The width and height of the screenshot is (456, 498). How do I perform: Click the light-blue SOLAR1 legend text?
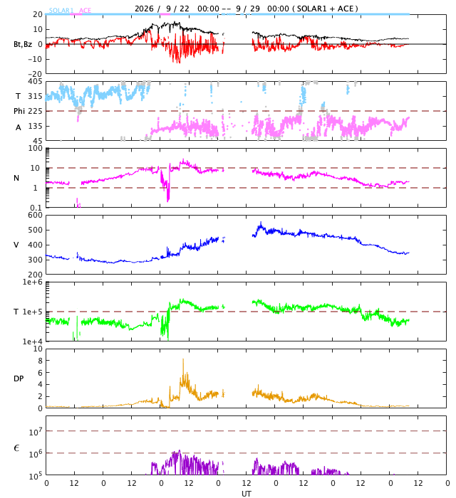tap(61, 11)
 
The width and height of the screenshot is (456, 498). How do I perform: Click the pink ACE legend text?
tap(85, 11)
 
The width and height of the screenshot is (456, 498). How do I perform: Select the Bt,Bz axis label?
tap(23, 44)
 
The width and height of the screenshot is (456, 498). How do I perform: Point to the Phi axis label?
tap(19, 111)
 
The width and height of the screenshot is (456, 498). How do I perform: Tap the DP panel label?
tap(19, 378)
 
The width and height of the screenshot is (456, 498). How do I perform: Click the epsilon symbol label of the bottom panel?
tap(16, 448)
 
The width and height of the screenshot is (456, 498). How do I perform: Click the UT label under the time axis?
tap(246, 494)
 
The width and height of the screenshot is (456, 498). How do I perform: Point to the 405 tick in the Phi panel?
tap(35, 81)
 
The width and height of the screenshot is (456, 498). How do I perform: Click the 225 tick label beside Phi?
tap(35, 111)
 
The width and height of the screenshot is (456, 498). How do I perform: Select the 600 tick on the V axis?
tap(35, 215)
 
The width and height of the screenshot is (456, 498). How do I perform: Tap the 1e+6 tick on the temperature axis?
tap(33, 282)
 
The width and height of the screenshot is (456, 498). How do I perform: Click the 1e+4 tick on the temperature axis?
tap(33, 341)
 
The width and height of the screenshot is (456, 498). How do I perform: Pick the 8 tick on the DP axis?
tap(40, 361)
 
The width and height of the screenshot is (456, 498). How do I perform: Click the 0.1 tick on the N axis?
tap(36, 208)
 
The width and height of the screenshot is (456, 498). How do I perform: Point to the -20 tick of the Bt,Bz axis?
tap(35, 74)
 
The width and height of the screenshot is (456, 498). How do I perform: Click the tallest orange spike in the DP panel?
tap(183, 359)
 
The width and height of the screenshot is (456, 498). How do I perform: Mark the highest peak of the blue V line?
tap(261, 222)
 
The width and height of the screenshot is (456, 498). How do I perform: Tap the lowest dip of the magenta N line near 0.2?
tap(168, 201)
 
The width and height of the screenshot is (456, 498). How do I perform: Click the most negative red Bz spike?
tap(179, 63)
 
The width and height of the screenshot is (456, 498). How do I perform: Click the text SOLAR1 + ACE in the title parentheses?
tap(327, 9)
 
